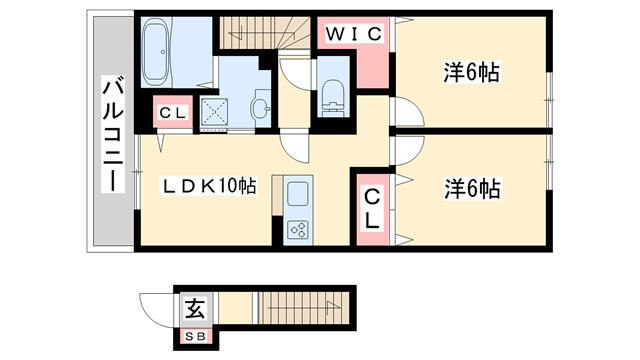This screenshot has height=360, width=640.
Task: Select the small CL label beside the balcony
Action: click(170, 113)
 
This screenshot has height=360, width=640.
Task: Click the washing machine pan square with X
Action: click(217, 111)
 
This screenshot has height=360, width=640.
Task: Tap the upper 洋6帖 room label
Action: click(472, 72)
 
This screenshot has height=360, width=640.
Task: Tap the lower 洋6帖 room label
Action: click(472, 187)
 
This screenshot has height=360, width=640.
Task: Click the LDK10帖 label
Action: click(210, 185)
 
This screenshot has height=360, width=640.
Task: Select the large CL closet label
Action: click(370, 208)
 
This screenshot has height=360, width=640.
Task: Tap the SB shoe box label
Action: click(196, 335)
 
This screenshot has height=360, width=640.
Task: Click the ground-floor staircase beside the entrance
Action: click(299, 308)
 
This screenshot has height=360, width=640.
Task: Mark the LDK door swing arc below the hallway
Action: click(297, 147)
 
